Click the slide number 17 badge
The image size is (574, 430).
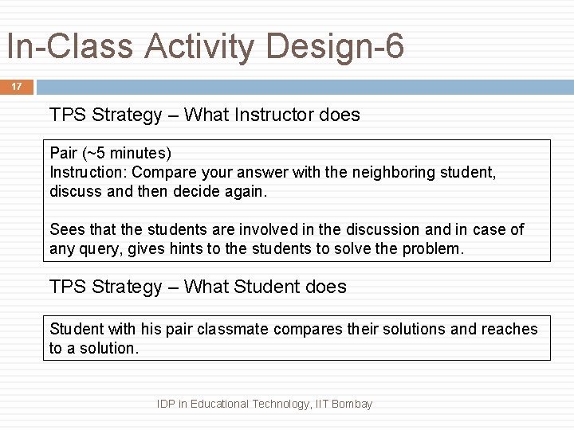[x=17, y=86]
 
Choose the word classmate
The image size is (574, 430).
[x=230, y=329]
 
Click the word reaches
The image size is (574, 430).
[x=510, y=329]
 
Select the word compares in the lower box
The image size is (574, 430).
[x=306, y=329]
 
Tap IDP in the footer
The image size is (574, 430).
[x=167, y=404]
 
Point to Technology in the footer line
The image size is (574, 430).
[x=281, y=404]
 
